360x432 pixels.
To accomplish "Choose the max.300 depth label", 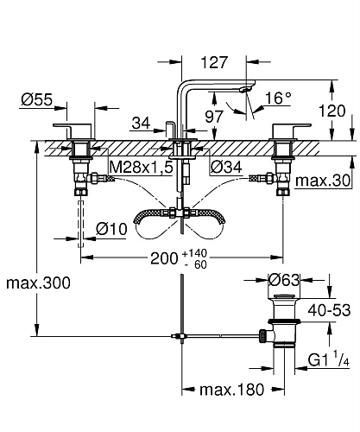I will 36,283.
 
